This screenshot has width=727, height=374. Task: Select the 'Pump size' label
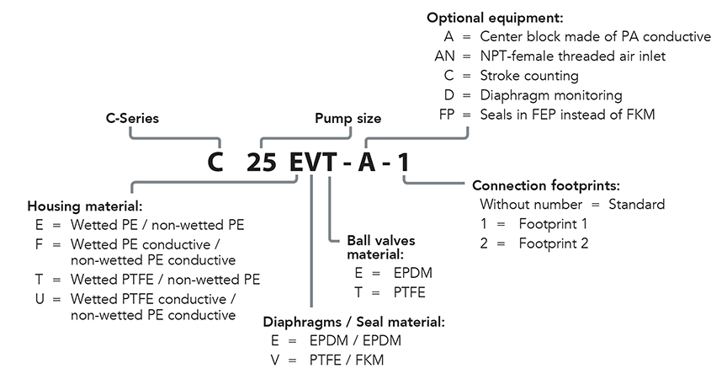348,119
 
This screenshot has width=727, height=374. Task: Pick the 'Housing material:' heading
85,206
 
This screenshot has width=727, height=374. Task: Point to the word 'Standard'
637,205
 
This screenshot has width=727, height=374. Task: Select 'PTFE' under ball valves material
408,292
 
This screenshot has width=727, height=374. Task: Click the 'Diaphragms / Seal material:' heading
354,322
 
